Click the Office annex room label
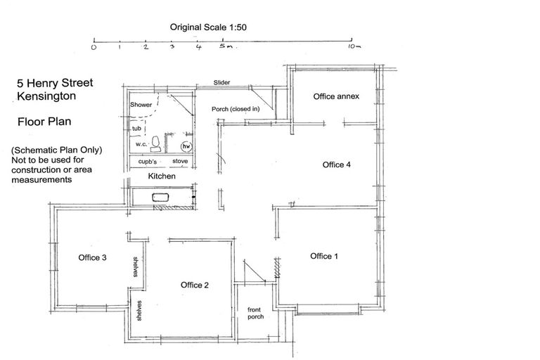[x=336, y=96]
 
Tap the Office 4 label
[x=337, y=165]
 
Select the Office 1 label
[x=324, y=256]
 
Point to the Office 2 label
[x=195, y=285]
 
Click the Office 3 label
[x=92, y=257]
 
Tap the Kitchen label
[x=162, y=176]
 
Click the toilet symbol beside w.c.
[x=155, y=144]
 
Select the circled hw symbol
[x=186, y=146]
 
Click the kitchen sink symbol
[x=160, y=198]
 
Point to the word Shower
[x=141, y=104]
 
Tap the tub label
[x=136, y=129]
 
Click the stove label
[x=180, y=161]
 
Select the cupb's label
[x=148, y=161]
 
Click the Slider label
[x=221, y=82]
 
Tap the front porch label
[x=255, y=313]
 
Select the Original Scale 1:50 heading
[x=208, y=27]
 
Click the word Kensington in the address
[x=46, y=96]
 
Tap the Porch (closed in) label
[x=236, y=109]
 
